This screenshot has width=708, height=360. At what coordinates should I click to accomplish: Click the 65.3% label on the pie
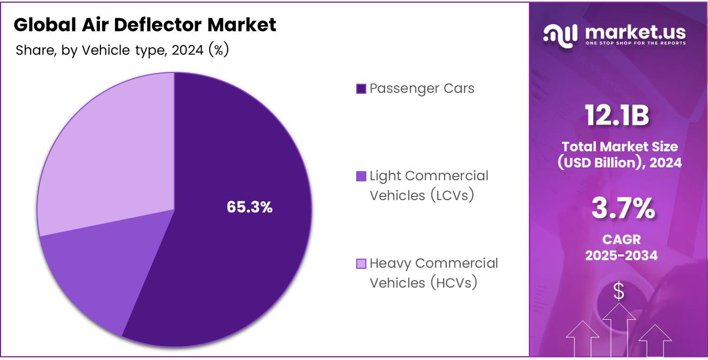pos(249,207)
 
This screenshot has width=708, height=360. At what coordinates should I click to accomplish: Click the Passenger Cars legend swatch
pos(361,89)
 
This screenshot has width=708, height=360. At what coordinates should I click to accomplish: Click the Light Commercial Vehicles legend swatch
pos(361,176)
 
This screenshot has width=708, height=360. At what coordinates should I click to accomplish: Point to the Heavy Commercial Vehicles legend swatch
pos(361,263)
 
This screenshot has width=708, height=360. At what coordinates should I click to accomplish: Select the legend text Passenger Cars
pos(422,89)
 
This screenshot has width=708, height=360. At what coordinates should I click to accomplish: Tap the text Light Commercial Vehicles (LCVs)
pos(429,186)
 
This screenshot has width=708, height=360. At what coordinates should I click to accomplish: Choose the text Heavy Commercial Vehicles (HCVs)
pos(434,273)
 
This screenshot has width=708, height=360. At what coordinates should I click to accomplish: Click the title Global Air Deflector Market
pos(145,25)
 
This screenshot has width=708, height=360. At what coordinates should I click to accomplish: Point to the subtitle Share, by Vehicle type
pos(122,50)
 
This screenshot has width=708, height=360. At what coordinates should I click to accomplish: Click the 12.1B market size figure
pos(617,116)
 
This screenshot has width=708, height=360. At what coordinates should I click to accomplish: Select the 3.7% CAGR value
pos(623,209)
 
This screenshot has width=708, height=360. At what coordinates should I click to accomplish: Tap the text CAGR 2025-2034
pos(621,247)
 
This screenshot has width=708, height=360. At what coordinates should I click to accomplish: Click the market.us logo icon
pos(560,35)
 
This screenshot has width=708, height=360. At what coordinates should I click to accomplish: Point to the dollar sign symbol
pos(619,291)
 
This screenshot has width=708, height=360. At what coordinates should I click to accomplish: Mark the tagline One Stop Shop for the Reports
pos(635,43)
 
